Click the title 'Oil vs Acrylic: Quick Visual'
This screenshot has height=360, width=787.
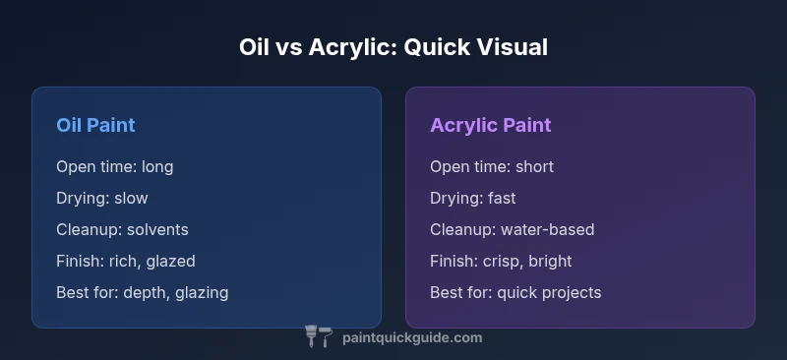coord(393,47)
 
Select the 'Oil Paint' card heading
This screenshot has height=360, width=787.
coord(95,126)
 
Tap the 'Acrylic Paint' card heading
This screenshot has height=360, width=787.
coord(490,126)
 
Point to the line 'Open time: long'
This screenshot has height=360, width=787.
coord(114,166)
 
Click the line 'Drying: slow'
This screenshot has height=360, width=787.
coord(102,198)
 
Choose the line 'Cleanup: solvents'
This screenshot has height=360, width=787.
coord(122,229)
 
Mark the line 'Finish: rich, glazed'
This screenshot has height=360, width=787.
coord(126,261)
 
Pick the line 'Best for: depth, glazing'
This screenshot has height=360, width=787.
coord(143,292)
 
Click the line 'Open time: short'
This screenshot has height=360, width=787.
coord(491,166)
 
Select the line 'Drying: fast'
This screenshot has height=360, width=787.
coord(473,198)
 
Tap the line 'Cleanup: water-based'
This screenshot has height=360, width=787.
coord(512,229)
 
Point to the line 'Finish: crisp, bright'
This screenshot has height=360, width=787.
coord(501,261)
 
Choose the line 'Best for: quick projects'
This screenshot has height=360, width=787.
coord(515,292)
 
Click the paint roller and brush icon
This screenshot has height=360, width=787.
coord(319,337)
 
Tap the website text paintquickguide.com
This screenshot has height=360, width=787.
coord(411,337)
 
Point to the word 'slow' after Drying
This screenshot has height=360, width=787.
coord(131,198)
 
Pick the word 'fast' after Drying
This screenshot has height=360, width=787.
coord(503,198)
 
